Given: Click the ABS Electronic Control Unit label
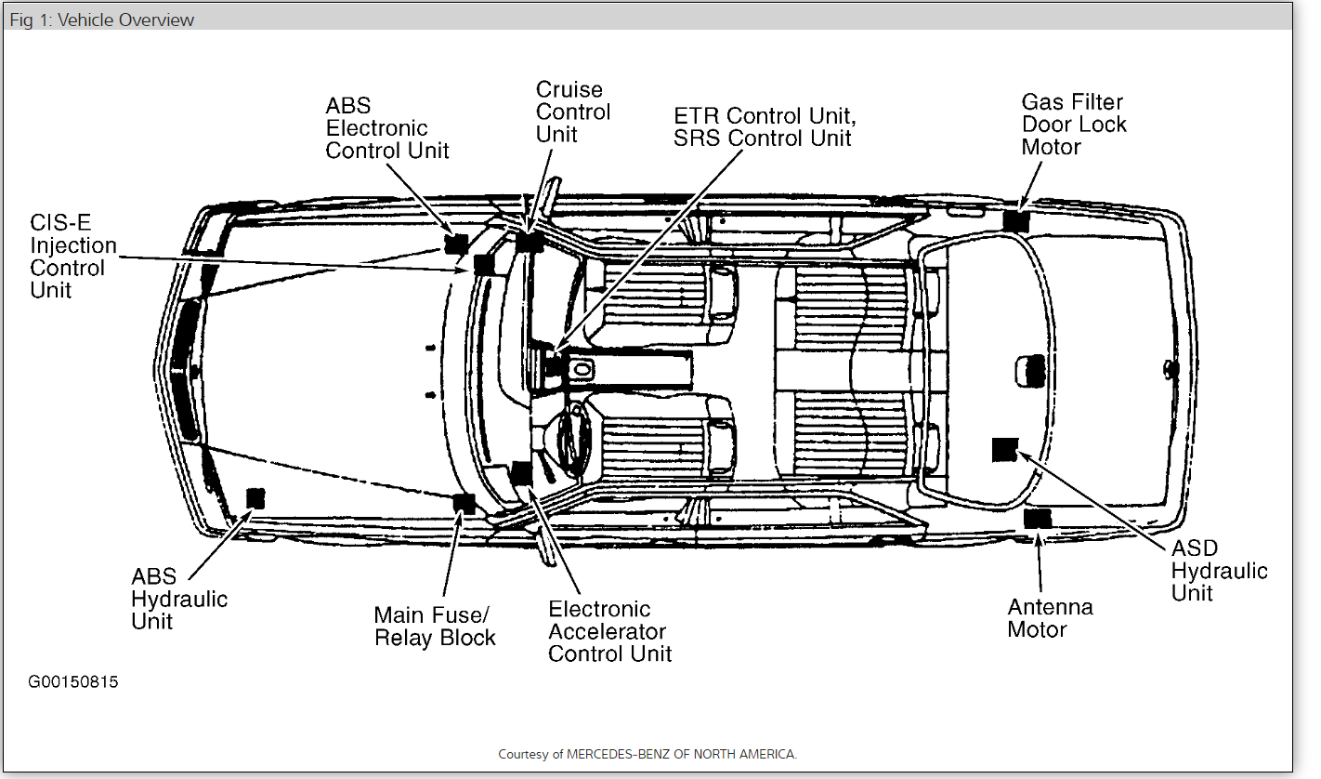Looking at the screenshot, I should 386,128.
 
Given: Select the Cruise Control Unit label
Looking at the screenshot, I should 573,112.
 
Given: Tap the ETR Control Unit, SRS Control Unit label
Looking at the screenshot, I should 765,127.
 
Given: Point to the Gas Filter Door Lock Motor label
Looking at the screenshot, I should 1073,125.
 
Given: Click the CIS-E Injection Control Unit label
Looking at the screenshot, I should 73,257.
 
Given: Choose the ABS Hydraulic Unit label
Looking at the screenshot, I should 179,600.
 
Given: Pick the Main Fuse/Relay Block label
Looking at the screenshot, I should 435,627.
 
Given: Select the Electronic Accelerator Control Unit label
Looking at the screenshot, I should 609,631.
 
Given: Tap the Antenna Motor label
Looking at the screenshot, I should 1050,618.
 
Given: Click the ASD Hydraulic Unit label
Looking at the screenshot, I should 1219,570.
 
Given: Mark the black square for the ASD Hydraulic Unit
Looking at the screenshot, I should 1005,449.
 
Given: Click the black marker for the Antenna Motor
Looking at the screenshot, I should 1037,519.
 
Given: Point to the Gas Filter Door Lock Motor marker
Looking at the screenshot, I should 1016,221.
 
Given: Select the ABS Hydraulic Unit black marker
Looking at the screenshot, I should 254,497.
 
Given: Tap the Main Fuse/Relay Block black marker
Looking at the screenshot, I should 464,504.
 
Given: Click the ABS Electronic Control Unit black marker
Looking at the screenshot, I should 455,244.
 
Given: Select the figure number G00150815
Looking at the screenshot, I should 73,682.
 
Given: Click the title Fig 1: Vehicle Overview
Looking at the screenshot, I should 102,20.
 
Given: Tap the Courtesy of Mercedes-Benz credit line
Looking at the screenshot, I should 647,754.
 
